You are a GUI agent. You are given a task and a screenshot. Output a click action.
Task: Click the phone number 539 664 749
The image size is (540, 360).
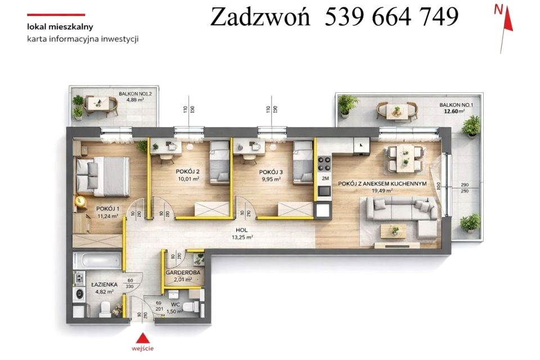[391, 17]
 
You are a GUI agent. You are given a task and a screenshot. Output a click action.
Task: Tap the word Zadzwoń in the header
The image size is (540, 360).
[260, 17]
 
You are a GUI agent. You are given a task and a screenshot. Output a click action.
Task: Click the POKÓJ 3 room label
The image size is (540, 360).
[271, 172]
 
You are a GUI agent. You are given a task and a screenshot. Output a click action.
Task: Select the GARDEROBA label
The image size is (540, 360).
[181, 273]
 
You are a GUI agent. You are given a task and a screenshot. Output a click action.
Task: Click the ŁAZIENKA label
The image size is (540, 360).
[105, 285]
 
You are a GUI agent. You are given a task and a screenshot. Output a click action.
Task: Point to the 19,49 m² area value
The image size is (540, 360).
[381, 191]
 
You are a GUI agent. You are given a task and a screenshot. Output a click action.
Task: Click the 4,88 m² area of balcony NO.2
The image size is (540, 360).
[135, 100]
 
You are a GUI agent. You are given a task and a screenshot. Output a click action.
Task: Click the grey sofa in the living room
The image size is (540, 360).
[399, 212]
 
